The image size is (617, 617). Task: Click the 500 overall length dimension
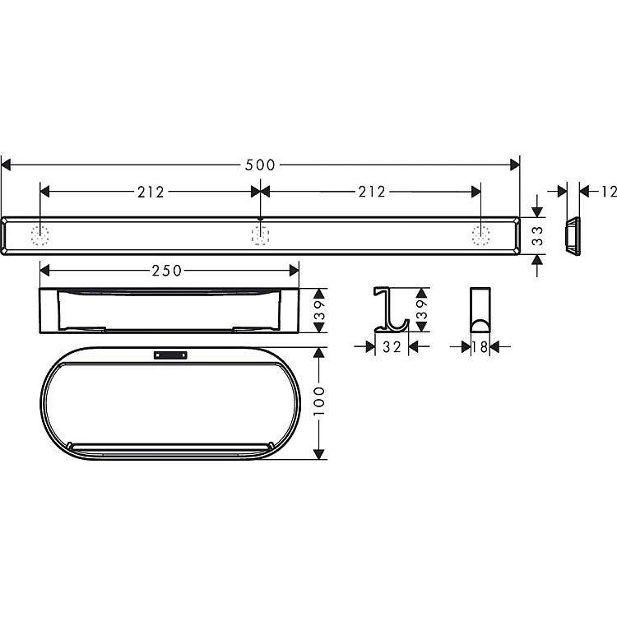coord(260,165)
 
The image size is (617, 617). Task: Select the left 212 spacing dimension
coord(151,192)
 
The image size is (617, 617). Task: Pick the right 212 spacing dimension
coord(372,192)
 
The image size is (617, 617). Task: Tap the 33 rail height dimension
coord(537,236)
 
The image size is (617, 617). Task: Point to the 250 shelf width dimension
coord(167,271)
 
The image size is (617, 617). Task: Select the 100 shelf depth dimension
coord(319,401)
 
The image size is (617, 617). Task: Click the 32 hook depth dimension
coord(392,346)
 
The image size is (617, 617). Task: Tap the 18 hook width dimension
coord(480,346)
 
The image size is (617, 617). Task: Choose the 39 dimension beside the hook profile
coord(421,309)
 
